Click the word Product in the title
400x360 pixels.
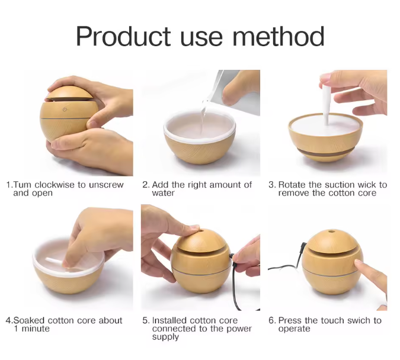(123, 36)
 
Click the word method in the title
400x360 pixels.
(279, 36)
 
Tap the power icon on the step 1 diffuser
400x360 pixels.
(65, 110)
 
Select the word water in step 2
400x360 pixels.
(164, 193)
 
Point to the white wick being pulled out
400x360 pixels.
(326, 104)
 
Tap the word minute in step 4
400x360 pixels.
(36, 329)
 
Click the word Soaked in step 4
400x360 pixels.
(30, 320)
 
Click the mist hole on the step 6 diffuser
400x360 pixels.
(331, 232)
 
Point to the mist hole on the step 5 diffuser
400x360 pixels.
(201, 232)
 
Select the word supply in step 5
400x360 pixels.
(165, 337)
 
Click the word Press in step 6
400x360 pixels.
(290, 320)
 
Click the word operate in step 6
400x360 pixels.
(294, 329)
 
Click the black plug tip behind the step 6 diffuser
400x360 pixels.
(303, 246)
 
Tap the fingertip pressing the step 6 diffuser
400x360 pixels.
(359, 263)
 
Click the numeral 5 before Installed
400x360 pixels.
(145, 320)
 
